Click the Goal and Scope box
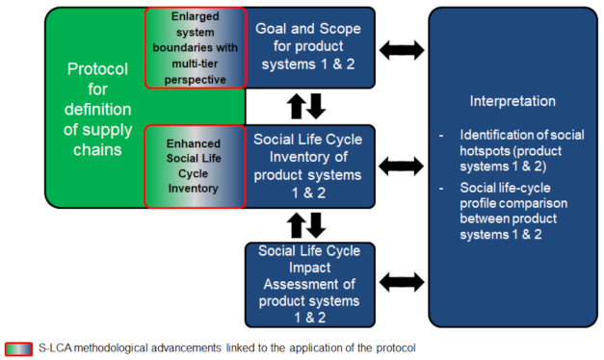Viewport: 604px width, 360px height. [309, 47]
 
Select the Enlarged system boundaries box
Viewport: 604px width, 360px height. [196, 48]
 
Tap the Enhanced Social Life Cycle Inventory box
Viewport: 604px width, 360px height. [195, 167]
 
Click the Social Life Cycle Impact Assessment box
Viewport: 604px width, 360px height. [309, 285]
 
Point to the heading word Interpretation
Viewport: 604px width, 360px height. [512, 101]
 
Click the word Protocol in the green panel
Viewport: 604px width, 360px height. [97, 69]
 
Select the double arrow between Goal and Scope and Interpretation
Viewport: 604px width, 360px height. [402, 50]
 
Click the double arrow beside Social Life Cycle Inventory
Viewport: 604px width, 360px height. [402, 167]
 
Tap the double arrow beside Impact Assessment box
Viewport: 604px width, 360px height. [402, 282]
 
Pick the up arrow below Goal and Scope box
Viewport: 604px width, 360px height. [297, 106]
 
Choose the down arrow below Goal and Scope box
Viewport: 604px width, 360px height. [316, 106]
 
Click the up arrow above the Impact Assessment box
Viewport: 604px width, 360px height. [297, 225]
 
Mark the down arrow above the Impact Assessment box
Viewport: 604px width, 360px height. [316, 225]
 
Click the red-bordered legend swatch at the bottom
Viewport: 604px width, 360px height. [19, 348]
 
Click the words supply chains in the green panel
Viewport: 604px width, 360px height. [98, 140]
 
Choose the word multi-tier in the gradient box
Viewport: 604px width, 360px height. [195, 64]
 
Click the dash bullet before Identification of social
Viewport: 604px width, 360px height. [441, 136]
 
